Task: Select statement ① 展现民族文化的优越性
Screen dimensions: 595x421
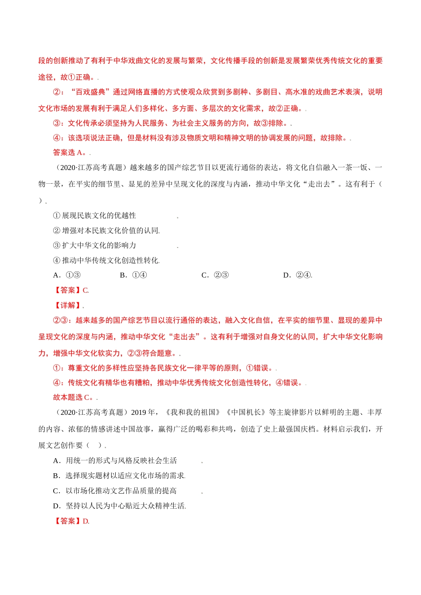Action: (94, 216)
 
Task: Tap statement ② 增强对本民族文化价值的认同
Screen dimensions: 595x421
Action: (106, 231)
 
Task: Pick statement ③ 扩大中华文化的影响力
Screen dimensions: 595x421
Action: (94, 245)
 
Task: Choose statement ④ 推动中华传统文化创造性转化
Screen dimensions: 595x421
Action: (106, 260)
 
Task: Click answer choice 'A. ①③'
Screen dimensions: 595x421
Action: (67, 275)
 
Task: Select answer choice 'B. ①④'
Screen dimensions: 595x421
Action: (133, 275)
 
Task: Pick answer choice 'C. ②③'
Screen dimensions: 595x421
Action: (215, 275)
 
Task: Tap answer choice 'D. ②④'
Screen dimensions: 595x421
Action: (297, 275)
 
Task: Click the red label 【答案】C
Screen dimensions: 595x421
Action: (71, 290)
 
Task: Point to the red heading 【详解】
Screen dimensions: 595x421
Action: (67, 305)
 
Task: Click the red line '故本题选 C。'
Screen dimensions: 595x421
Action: (74, 397)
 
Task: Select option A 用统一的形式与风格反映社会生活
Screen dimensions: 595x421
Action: (115, 460)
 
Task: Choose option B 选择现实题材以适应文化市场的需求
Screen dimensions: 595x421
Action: (119, 475)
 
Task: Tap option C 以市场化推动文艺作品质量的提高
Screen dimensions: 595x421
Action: (115, 491)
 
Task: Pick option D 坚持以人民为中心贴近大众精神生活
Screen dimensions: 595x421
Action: (119, 506)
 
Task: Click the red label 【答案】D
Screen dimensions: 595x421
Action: (71, 521)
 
